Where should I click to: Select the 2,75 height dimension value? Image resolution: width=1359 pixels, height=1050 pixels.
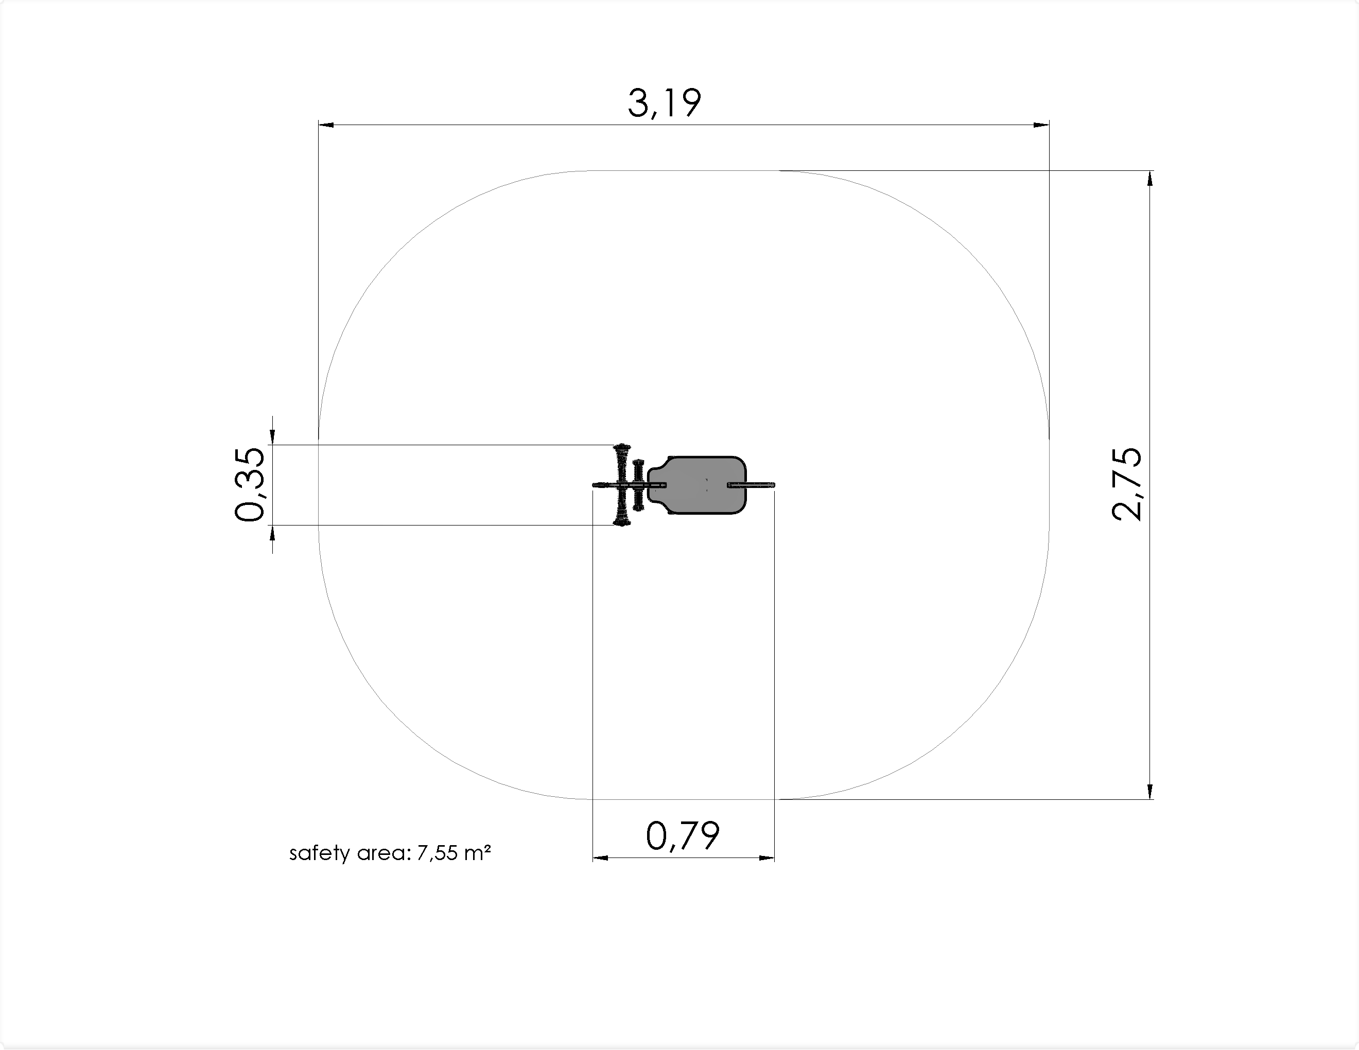pyautogui.click(x=1127, y=484)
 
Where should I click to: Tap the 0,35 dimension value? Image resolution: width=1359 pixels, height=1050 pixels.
pyautogui.click(x=250, y=484)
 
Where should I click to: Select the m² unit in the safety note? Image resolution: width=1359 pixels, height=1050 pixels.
pyautogui.click(x=478, y=852)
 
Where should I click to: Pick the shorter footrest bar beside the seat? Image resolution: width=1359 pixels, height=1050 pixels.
pyautogui.click(x=638, y=485)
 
